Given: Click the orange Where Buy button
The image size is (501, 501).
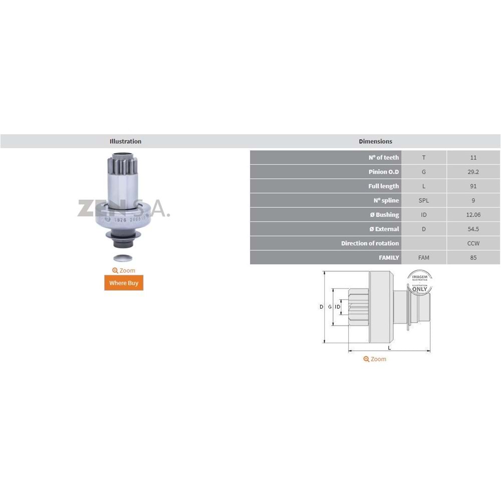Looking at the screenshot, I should click(x=123, y=283).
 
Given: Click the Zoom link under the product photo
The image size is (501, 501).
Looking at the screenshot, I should click(x=124, y=271).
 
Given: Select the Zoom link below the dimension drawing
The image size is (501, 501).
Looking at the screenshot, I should click(x=375, y=359).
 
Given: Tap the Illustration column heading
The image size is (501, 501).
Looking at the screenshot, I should click(x=125, y=141).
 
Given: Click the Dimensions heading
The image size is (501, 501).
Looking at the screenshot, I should click(x=375, y=141).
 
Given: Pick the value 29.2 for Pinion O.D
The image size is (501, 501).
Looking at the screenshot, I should click(x=473, y=172).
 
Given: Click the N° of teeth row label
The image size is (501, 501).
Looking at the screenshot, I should click(x=384, y=157).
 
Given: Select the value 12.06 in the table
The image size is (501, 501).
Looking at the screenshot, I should click(x=473, y=215).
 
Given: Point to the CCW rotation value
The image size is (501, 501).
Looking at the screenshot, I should click(x=473, y=243).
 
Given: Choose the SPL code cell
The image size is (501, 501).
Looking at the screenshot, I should click(x=424, y=200).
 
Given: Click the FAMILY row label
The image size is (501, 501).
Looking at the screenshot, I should click(x=389, y=258).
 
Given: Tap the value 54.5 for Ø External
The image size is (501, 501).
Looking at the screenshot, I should click(x=473, y=229).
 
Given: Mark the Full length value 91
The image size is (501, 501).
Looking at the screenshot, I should click(x=473, y=186).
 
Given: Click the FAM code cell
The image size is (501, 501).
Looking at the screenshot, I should click(x=424, y=258).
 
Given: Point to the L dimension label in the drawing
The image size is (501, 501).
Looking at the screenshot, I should click(x=389, y=348).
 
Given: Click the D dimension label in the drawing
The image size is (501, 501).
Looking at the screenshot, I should click(x=322, y=307).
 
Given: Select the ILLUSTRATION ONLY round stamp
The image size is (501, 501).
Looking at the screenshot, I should click(x=420, y=281).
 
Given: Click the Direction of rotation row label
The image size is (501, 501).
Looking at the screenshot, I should click(x=370, y=243).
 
